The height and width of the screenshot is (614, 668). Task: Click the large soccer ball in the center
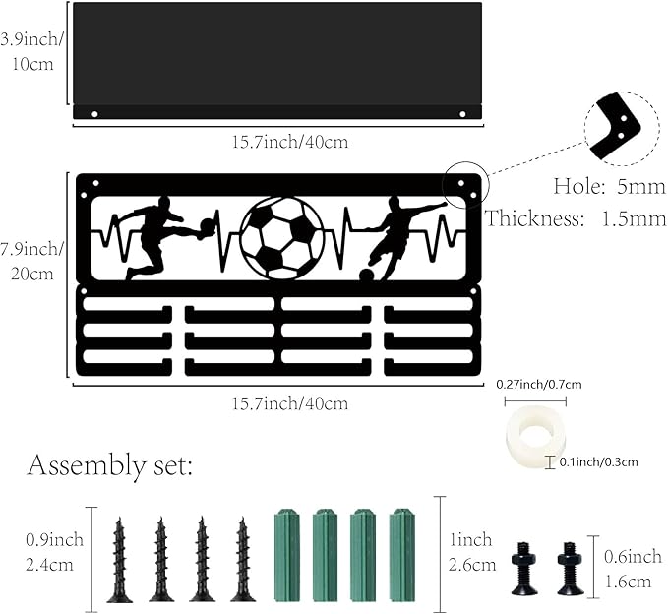(282, 238)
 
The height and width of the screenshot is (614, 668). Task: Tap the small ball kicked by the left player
(207, 226)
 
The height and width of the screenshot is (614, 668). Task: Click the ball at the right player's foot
(366, 276)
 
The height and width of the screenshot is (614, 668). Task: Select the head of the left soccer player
(164, 203)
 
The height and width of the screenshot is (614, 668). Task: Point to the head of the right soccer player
(395, 203)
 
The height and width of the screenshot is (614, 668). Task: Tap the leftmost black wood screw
(120, 560)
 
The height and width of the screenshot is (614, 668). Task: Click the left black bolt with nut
(523, 569)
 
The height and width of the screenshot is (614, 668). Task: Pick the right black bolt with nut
(571, 569)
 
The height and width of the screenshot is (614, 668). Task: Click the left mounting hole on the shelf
(94, 114)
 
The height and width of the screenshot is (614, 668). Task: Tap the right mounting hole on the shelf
(462, 114)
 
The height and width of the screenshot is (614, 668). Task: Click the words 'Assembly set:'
(110, 465)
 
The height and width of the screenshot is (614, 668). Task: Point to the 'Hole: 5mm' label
(610, 187)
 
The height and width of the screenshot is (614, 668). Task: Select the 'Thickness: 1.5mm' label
(576, 218)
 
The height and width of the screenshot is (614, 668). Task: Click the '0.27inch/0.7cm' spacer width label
(539, 385)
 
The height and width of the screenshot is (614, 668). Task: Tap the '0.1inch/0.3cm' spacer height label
(598, 461)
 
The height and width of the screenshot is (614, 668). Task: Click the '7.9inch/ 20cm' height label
(31, 261)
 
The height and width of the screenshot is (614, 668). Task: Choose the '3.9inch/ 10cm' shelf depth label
(31, 51)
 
